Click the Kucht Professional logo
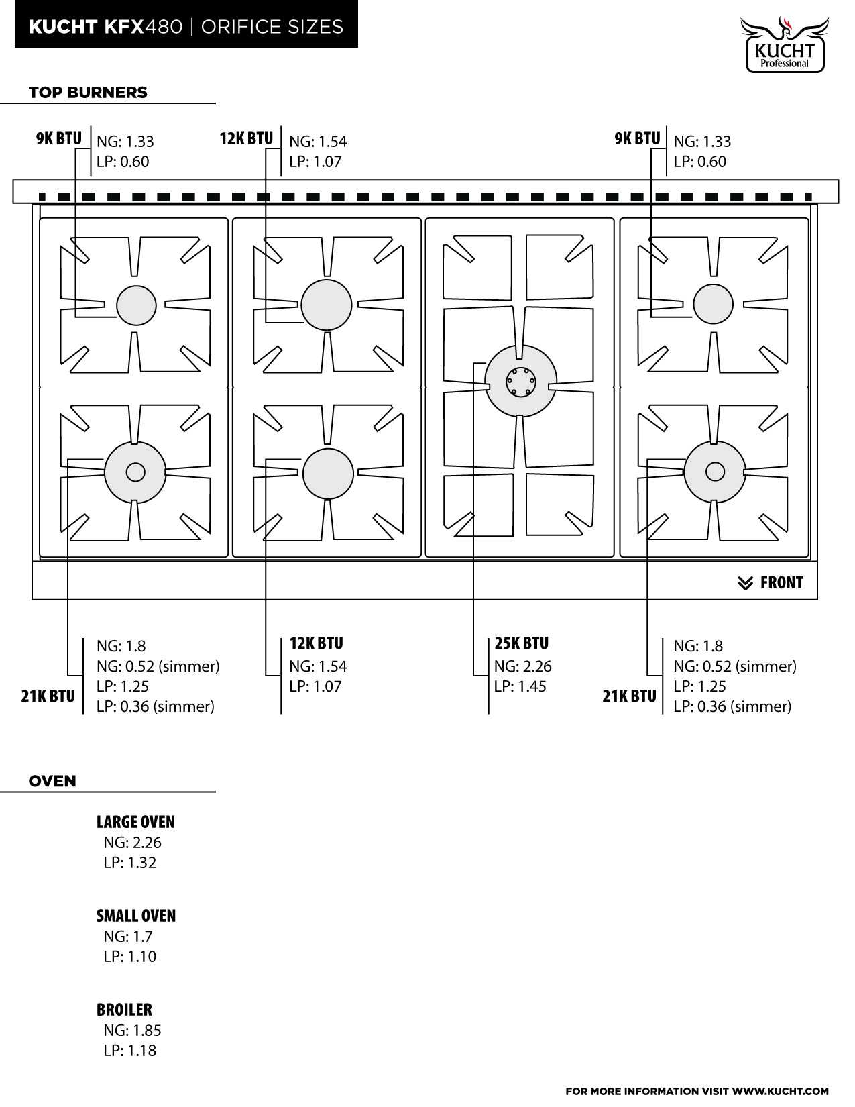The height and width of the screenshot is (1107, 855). tap(784, 45)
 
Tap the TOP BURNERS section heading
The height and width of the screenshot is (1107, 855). tap(88, 92)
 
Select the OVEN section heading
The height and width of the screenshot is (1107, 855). tap(52, 781)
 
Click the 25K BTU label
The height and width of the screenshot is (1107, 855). tap(522, 643)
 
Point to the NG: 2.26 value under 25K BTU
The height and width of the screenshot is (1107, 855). tap(523, 666)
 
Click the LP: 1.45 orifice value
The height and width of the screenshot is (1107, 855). tap(520, 686)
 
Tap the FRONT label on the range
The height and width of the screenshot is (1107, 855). tap(782, 582)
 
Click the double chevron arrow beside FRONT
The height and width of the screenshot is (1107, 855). tap(746, 583)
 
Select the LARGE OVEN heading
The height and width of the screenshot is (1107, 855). tap(135, 822)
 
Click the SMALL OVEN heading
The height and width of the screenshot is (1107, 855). tap(136, 915)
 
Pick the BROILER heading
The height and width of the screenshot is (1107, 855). tap(124, 1009)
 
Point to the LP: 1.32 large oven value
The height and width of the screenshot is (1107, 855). tap(130, 863)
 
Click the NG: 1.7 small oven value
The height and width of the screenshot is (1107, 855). tap(128, 936)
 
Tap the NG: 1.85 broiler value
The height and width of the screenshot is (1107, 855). tap(132, 1030)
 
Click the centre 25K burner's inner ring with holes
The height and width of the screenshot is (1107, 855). tap(520, 381)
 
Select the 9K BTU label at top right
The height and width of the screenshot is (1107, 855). tap(637, 139)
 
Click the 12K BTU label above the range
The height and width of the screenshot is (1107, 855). tap(247, 139)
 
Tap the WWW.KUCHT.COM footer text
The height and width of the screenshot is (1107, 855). tap(781, 1091)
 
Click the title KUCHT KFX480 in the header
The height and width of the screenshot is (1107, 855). tap(105, 26)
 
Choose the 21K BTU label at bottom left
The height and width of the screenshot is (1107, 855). tap(48, 696)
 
